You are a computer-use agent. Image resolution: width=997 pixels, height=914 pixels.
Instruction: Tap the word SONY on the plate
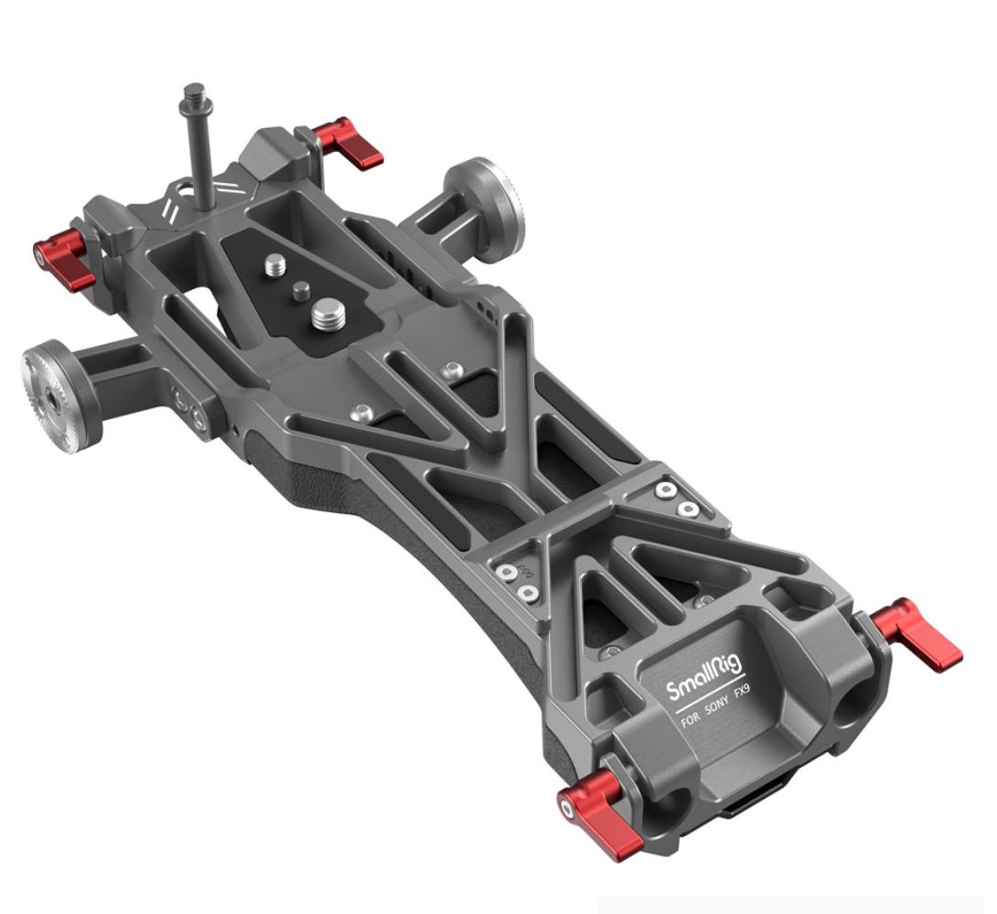click(x=719, y=707)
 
